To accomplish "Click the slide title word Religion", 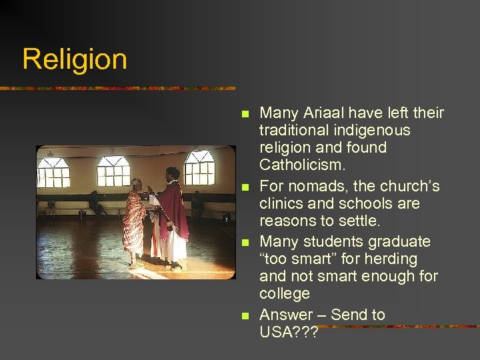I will click(74, 59).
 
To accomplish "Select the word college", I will click(285, 293).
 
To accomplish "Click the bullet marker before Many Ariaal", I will click(245, 114).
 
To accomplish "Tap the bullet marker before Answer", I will click(245, 315).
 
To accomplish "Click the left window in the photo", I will click(54, 173).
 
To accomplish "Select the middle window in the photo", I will click(114, 171).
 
